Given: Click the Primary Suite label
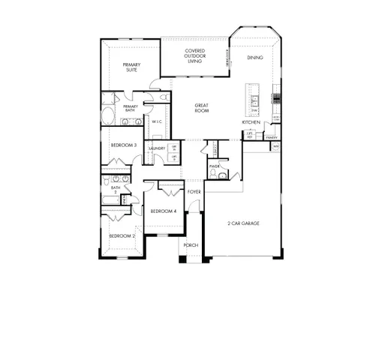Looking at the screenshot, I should point(132,67).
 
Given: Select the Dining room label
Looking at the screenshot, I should point(254,57).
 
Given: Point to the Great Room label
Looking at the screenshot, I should point(201,108).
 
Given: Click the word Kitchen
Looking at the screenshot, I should point(251,121).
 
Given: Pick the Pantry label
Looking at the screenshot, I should point(271,138).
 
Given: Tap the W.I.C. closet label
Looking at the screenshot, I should point(158,121).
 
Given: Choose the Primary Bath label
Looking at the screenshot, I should point(131,109).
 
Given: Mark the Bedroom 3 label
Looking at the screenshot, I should point(123,145).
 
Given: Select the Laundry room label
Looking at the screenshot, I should point(157,148).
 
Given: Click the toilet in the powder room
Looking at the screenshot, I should point(213,175).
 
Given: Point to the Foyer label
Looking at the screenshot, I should point(194,192).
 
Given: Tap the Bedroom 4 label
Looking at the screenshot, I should point(163,211).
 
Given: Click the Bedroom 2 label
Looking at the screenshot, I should point(122,236).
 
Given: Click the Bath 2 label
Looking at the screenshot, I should point(116,190).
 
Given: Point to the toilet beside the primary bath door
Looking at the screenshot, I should point(164,97).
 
